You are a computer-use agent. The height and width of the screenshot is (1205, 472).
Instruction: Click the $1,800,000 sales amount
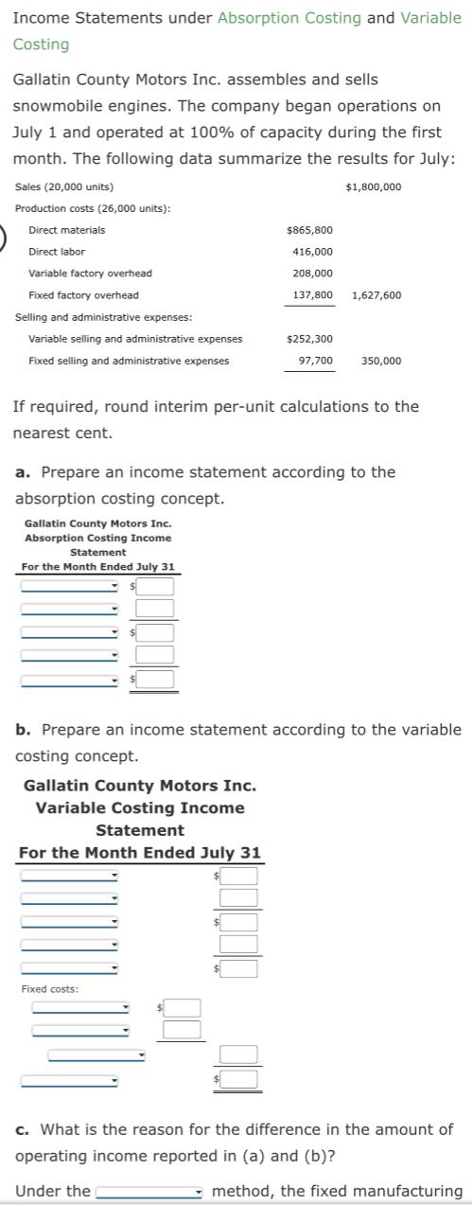coord(374,186)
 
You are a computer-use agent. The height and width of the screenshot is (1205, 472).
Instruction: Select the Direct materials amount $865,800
coord(308,230)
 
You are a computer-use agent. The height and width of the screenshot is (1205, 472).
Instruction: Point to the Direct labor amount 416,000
coord(312,252)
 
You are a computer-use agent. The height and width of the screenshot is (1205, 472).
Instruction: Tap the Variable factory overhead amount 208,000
coord(312,274)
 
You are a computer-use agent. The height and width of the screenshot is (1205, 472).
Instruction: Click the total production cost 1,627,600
coord(376,295)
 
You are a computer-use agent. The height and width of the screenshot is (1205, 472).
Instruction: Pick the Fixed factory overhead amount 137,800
coord(312,295)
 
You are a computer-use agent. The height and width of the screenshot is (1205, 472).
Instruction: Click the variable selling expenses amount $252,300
coord(308,339)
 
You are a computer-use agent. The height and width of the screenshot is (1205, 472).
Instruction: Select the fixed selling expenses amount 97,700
coord(315,361)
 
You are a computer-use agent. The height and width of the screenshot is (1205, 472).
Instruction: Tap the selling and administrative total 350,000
coord(380,361)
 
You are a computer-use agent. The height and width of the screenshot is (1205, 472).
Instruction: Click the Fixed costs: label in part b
coord(49,989)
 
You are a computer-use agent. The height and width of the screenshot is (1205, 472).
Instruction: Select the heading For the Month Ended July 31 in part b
coord(140,853)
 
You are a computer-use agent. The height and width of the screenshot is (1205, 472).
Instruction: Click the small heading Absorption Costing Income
coord(98,538)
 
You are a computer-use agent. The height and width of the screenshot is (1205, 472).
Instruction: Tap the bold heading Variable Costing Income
coord(140,807)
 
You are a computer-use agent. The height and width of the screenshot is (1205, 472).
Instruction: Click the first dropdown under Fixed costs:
coord(80,1007)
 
